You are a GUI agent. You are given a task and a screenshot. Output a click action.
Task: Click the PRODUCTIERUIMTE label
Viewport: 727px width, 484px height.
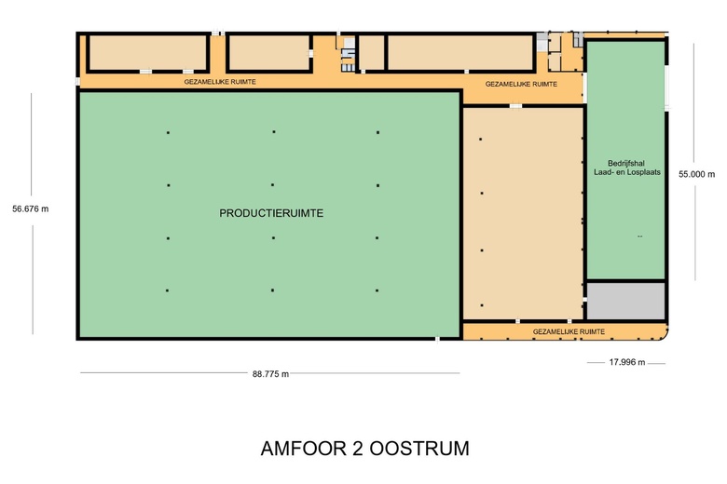click(x=271, y=213)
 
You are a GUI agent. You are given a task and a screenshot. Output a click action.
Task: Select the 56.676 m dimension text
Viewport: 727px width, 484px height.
click(x=30, y=208)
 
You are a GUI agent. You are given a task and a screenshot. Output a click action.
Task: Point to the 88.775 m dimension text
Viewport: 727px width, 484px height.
click(x=270, y=374)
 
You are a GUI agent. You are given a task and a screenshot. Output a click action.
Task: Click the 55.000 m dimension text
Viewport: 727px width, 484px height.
click(x=696, y=174)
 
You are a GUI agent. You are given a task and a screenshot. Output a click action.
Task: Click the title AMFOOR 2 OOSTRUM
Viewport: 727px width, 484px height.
click(x=364, y=449)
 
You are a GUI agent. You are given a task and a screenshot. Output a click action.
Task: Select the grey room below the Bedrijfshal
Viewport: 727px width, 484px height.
click(x=625, y=301)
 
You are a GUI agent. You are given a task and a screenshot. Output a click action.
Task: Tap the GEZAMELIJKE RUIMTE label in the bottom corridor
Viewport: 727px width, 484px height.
click(x=568, y=331)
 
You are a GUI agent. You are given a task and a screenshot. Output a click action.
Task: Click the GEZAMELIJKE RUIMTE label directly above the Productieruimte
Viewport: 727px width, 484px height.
click(x=220, y=82)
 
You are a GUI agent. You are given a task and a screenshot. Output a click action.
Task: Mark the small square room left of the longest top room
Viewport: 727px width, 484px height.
click(x=372, y=52)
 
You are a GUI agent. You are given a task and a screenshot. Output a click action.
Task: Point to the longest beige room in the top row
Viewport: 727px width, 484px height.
click(x=460, y=52)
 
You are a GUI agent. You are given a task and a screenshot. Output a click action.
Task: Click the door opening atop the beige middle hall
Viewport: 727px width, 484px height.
click(x=514, y=106)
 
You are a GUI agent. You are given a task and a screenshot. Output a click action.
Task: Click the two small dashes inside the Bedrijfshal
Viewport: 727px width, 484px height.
click(x=640, y=236)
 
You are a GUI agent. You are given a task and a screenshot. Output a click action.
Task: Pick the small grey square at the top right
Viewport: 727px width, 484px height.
click(x=542, y=42)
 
